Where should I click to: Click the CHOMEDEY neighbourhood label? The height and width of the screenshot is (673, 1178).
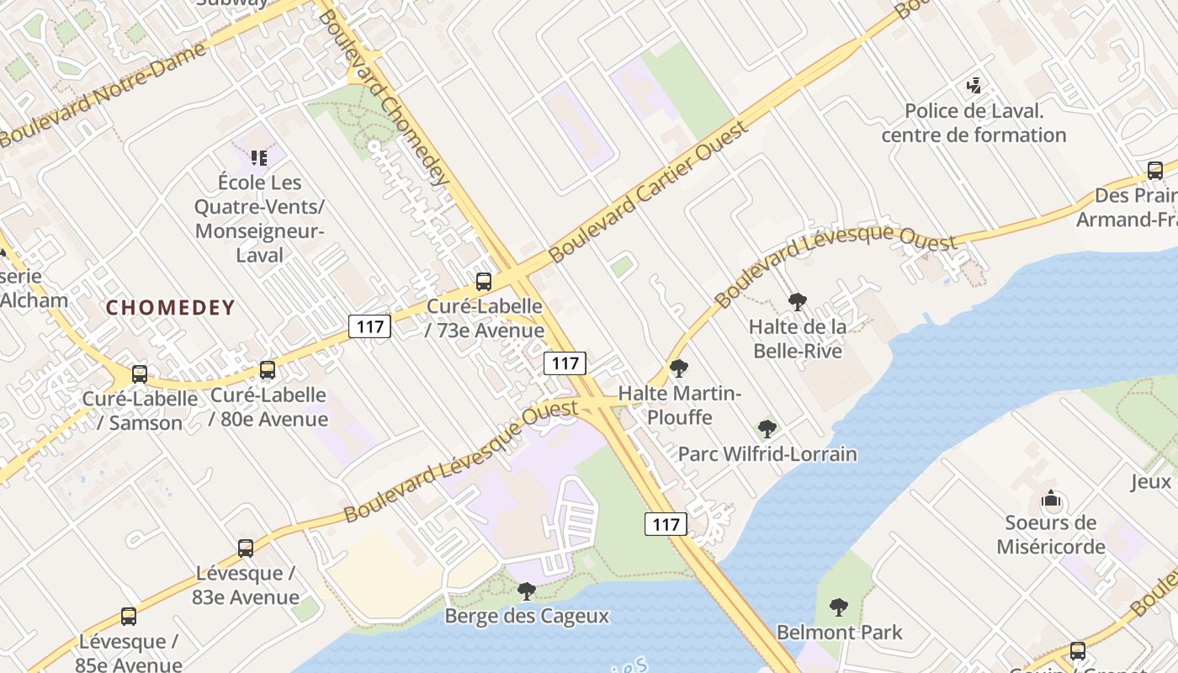coord(170,307)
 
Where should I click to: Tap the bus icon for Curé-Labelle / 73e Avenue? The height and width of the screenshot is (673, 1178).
coord(484,282)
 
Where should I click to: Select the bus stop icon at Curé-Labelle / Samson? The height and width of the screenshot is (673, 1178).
coord(140,374)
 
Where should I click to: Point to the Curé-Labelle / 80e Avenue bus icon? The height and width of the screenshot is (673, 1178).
coord(268,369)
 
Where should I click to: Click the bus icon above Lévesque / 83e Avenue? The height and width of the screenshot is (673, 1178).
coord(246,548)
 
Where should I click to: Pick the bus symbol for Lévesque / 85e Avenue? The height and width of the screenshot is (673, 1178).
coord(129,617)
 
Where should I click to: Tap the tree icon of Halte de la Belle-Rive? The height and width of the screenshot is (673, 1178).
coord(797,301)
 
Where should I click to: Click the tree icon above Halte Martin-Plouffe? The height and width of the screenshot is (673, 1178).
coord(679,368)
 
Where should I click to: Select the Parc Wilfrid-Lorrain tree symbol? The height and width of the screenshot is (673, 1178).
coord(767,429)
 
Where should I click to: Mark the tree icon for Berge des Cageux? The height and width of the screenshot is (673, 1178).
coord(527,591)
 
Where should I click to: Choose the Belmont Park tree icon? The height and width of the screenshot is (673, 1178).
coord(838,607)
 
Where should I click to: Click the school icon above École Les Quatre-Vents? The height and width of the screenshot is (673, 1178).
coord(259,157)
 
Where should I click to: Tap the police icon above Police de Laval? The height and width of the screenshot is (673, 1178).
coord(974,86)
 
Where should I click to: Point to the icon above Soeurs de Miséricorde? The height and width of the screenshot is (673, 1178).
coord(1051,500)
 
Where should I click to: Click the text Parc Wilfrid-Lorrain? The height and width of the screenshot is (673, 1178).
coord(767,454)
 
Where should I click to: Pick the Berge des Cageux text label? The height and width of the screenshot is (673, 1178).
coord(527,616)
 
